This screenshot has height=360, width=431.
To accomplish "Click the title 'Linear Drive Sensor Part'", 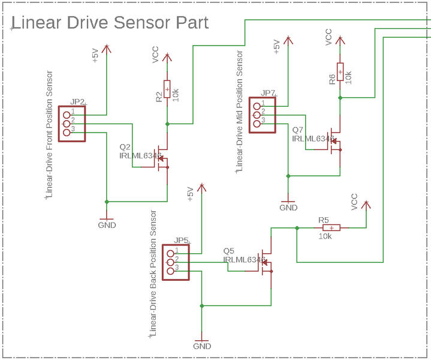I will pos(110,23).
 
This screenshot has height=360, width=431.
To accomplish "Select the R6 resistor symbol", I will pos(340,71).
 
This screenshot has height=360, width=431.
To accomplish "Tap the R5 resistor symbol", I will pos(331,228).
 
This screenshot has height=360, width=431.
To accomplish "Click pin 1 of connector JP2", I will pos(67,113).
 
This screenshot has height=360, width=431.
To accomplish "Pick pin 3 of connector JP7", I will pos(257,124).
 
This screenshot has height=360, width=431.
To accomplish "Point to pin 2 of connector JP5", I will pos(170,262).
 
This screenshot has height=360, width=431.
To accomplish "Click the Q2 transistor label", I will pos(125,147).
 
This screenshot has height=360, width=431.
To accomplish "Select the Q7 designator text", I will pos(298,130).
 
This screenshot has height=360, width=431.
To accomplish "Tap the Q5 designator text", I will pos(228,251).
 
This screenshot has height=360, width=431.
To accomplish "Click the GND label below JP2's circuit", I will pos(107,225).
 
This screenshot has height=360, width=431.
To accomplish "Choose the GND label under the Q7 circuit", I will pos(288,208).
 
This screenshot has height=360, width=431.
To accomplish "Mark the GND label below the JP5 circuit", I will pos(202,347).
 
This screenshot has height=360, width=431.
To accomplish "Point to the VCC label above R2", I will pos(156,55).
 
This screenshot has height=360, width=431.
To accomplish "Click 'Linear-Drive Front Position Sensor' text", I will pos(50,134).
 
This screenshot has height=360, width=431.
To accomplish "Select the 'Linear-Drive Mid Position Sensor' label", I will pos(240,112).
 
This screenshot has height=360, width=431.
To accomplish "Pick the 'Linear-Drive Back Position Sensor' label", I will pos(153,273).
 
